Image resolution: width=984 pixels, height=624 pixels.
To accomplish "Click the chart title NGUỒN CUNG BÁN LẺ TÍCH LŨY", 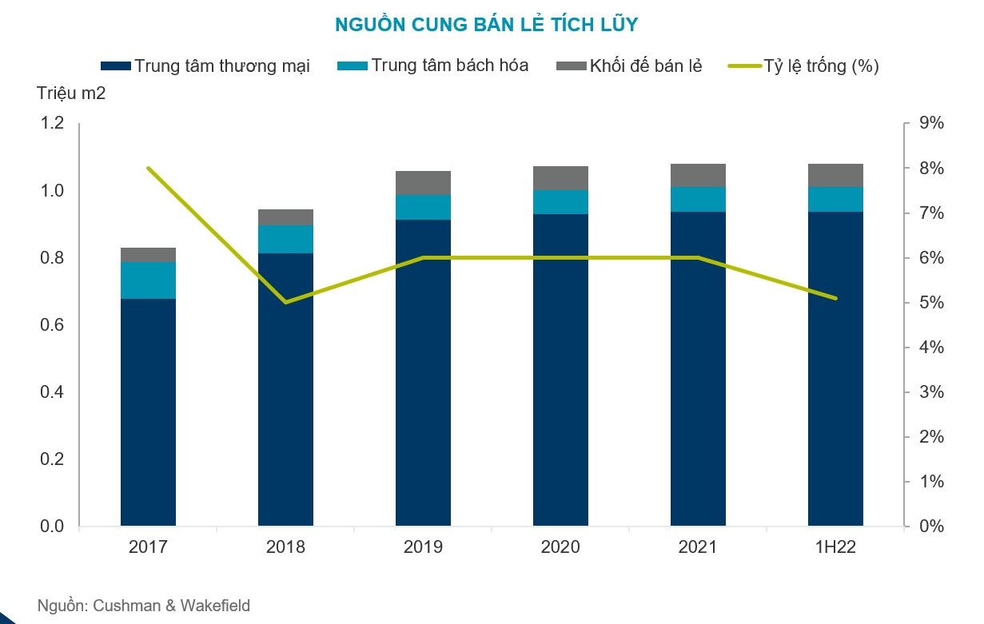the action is tap(486, 24).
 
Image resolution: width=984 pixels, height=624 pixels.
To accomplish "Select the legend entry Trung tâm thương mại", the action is tap(205, 66).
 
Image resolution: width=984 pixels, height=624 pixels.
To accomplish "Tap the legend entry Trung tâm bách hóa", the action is tap(432, 66).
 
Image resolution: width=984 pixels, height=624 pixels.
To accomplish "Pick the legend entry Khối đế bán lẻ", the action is tap(629, 66).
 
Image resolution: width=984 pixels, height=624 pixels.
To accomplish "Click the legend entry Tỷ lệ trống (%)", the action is tap(803, 66).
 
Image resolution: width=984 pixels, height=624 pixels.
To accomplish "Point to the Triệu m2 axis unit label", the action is tap(71, 93).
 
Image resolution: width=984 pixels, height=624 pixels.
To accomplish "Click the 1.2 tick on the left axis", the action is tap(52, 123).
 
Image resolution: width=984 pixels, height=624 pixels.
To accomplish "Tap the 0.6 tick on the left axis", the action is tap(52, 325).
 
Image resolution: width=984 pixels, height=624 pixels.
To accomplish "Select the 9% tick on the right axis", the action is tap(932, 123).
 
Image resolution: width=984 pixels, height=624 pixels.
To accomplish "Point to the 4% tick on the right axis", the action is tap(932, 348).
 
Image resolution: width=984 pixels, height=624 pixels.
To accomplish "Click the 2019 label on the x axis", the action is tap(423, 547).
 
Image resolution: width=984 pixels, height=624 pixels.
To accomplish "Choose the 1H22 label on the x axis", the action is tap(835, 547).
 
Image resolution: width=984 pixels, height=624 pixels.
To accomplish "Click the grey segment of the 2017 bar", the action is tap(149, 255).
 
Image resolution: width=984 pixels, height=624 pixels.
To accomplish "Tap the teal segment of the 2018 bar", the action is tap(286, 240).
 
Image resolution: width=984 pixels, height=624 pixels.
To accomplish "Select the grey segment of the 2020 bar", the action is tap(561, 178).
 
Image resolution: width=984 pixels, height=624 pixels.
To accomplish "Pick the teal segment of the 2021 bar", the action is tap(699, 200).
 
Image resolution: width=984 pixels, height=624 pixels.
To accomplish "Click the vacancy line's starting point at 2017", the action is tap(149, 169).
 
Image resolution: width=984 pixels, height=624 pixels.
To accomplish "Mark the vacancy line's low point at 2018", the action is tap(286, 302).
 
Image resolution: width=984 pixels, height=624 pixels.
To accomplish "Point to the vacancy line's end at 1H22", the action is tap(835, 298).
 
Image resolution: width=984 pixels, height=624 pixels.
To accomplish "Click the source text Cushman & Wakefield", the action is tap(171, 606).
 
